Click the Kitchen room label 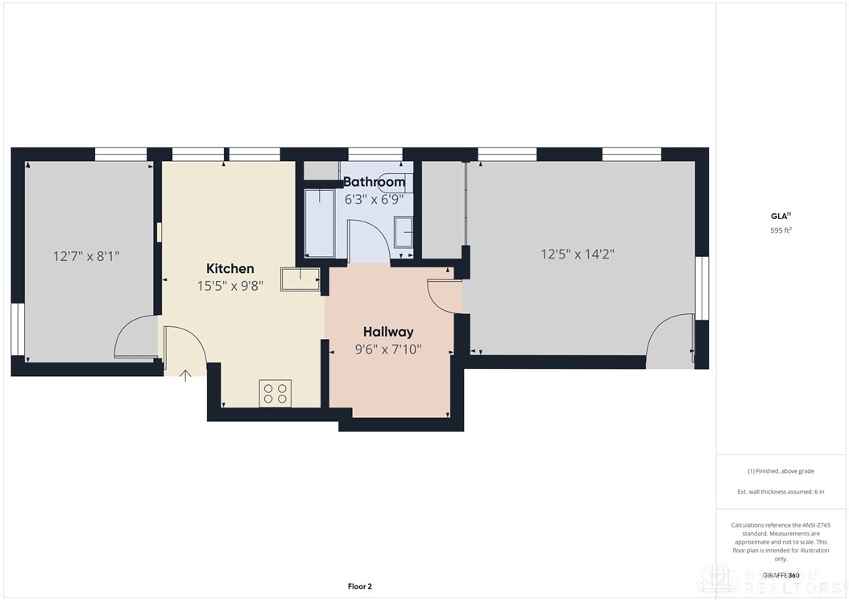coord(230,268)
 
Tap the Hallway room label coord(388,332)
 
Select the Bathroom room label coord(374,182)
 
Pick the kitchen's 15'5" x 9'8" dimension coord(230,285)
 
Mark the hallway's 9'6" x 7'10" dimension coord(388,350)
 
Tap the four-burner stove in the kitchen coord(275,392)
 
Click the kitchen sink coord(300,279)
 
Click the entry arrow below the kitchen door coord(185,374)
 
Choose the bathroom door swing coord(368,240)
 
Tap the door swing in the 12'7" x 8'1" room coord(135,338)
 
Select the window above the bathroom coord(375,154)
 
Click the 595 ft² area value coord(781,230)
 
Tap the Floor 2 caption coord(359,586)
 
